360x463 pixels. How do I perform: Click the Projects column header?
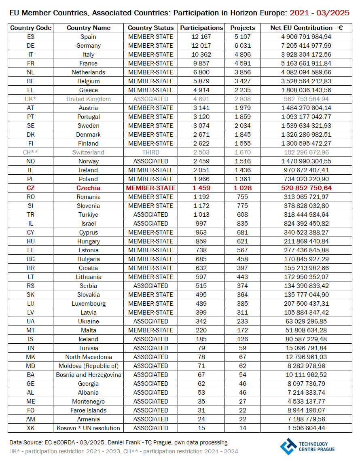[243, 28]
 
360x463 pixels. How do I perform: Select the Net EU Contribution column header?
[307, 28]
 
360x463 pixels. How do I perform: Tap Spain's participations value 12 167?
[201, 37]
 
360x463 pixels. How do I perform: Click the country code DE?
[31, 46]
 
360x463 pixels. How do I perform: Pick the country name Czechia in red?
[88, 188]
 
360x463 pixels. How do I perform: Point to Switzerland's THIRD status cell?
[150, 152]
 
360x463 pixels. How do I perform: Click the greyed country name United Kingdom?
[88, 99]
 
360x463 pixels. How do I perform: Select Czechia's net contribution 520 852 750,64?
[307, 188]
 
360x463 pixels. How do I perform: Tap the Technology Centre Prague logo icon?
[288, 446]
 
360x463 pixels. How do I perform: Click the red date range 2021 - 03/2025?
[320, 13]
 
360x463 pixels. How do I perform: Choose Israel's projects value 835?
[243, 224]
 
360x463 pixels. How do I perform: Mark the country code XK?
[31, 428]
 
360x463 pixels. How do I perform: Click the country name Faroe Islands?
[88, 410]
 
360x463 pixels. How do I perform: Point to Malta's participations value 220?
[201, 330]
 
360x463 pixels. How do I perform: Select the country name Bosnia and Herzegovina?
[88, 375]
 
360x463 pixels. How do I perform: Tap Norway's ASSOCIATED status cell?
[150, 161]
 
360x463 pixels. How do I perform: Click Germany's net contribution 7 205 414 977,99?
[307, 46]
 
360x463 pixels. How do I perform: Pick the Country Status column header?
[150, 28]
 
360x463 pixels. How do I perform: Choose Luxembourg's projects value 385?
[243, 304]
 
